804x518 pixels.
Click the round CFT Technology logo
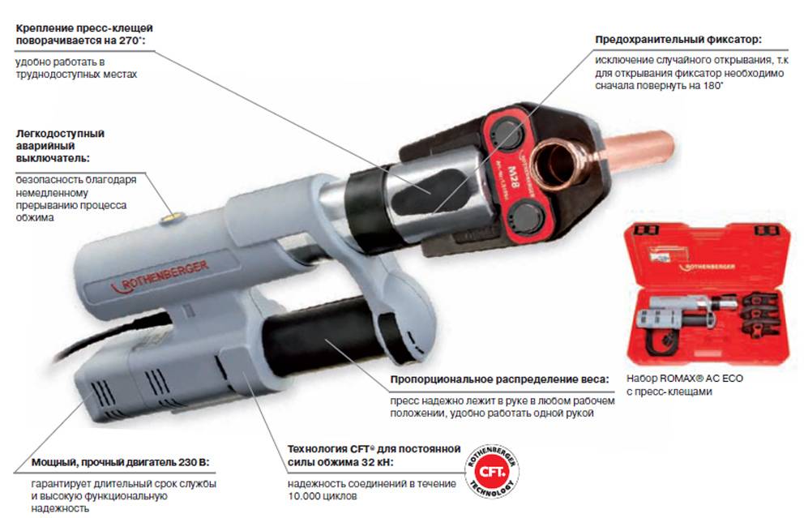(x=492, y=470)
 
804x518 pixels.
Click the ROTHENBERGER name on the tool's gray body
(x=160, y=277)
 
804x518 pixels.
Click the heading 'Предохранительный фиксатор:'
(x=678, y=40)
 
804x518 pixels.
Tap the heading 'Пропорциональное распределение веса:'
(x=499, y=379)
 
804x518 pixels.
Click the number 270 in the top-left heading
(x=129, y=41)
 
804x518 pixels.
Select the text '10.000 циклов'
(x=322, y=496)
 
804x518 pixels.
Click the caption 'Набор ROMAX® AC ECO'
(x=685, y=379)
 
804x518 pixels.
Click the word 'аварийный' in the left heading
(x=45, y=146)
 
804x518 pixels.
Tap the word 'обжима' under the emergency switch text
(x=34, y=217)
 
